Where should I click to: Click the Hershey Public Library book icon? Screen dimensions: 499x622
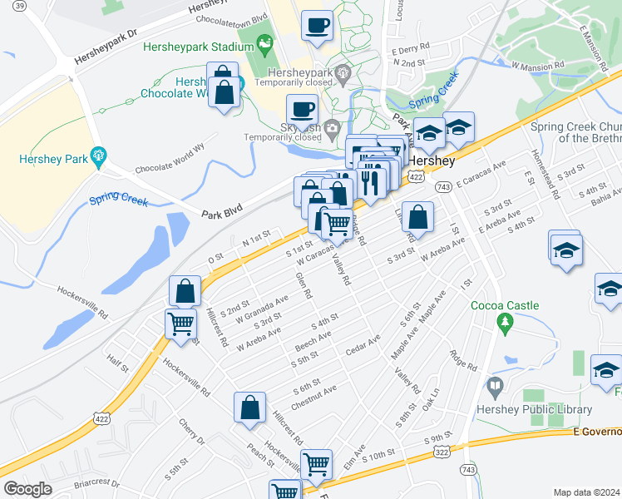[496, 387]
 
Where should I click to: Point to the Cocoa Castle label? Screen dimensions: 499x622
[505, 305]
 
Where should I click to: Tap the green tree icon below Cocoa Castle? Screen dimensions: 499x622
[502, 322]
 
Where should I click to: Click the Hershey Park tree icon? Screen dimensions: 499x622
[98, 154]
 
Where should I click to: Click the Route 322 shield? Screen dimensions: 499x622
[441, 451]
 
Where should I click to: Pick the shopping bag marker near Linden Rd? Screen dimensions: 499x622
[418, 219]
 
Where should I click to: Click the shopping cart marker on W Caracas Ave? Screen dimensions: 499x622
[336, 223]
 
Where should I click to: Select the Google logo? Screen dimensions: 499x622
[27, 489]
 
